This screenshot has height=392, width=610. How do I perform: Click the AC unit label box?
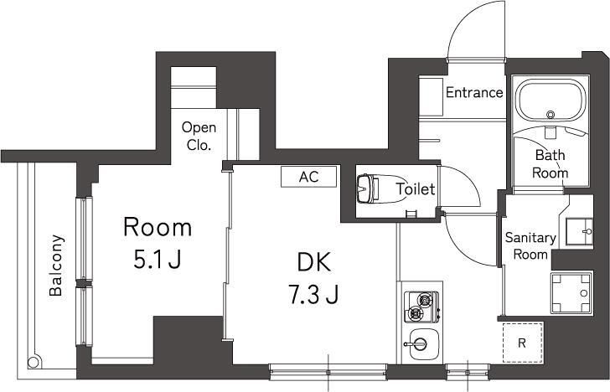(308, 177)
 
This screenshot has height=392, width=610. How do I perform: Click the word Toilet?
(415, 189)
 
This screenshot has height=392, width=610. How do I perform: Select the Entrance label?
(474, 93)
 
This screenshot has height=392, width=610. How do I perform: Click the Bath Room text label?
(551, 164)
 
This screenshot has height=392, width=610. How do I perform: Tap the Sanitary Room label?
(530, 245)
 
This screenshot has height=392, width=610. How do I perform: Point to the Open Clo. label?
(199, 136)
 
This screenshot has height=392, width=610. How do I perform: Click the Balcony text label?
(56, 265)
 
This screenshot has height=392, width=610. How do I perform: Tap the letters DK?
(313, 261)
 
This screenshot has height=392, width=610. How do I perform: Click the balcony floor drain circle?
(34, 363)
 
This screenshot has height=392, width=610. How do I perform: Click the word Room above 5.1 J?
(158, 226)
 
